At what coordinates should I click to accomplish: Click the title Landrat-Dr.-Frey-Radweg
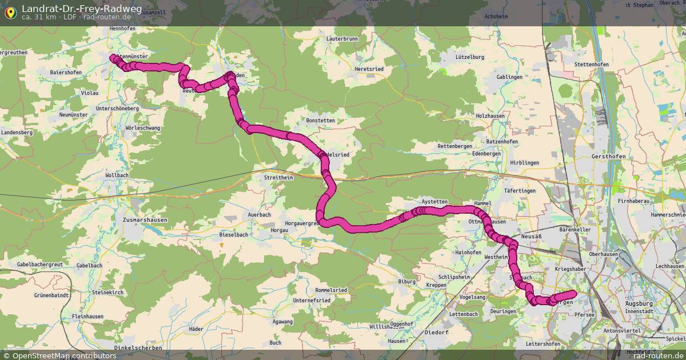tap(82, 9)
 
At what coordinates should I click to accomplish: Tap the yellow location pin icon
tap(10, 11)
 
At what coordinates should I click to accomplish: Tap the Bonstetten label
tap(321, 121)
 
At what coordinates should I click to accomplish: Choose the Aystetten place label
tap(434, 202)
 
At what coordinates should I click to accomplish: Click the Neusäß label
tap(531, 235)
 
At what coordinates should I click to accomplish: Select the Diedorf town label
tap(436, 332)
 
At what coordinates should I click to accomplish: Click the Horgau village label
tap(280, 230)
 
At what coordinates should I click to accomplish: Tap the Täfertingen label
tap(520, 191)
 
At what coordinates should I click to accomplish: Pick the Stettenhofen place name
tap(591, 65)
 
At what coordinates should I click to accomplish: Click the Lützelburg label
tap(470, 57)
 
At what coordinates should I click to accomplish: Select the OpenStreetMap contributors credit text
tap(64, 355)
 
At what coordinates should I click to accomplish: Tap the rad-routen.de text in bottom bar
tap(658, 355)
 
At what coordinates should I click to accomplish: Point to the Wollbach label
tap(117, 175)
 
